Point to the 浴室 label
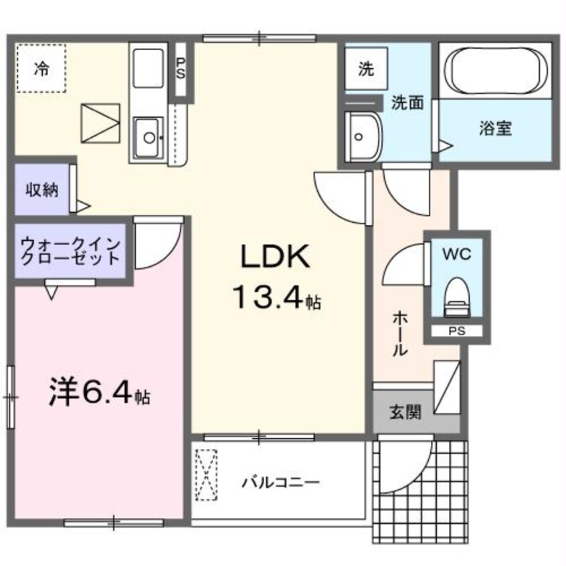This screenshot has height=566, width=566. pyautogui.click(x=495, y=128)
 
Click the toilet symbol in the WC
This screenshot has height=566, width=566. pyautogui.click(x=457, y=294)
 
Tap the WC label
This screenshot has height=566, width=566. pyautogui.click(x=457, y=254)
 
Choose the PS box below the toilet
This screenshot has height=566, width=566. pyautogui.click(x=457, y=331)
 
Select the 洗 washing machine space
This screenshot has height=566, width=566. pyautogui.click(x=365, y=69)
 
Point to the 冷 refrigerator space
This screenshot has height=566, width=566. pyautogui.click(x=41, y=68)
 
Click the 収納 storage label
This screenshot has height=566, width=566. pyautogui.click(x=41, y=190)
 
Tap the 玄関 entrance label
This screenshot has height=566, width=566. pyautogui.click(x=405, y=413)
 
